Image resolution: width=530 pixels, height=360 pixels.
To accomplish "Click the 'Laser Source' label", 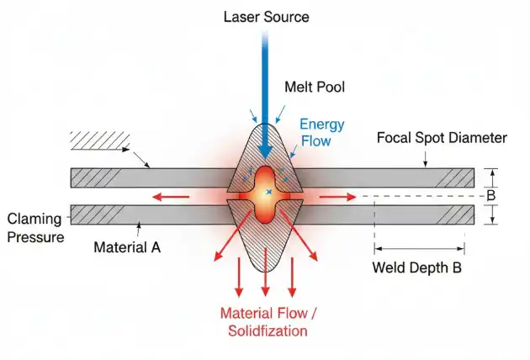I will point(265,17).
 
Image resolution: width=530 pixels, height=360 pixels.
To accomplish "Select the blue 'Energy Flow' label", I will point(322,132).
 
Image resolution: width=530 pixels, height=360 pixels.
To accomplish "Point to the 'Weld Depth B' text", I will point(418,268).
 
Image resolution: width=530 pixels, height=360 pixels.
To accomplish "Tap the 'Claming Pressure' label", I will point(36,227).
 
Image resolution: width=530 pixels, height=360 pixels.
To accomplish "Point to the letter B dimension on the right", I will point(503,196).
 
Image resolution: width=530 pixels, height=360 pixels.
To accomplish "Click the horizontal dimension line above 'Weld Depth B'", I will point(419,248).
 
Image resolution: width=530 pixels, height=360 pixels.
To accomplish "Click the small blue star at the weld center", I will point(268,194).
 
